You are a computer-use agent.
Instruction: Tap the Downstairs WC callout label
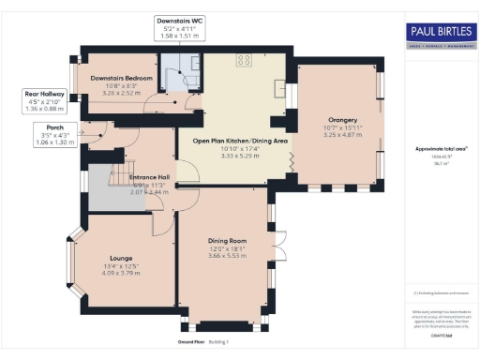(x=177, y=19)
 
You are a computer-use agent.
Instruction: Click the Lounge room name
(x=120, y=257)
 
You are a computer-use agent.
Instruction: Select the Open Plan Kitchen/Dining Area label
(x=240, y=141)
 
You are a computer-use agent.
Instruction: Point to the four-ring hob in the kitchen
(x=245, y=59)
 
